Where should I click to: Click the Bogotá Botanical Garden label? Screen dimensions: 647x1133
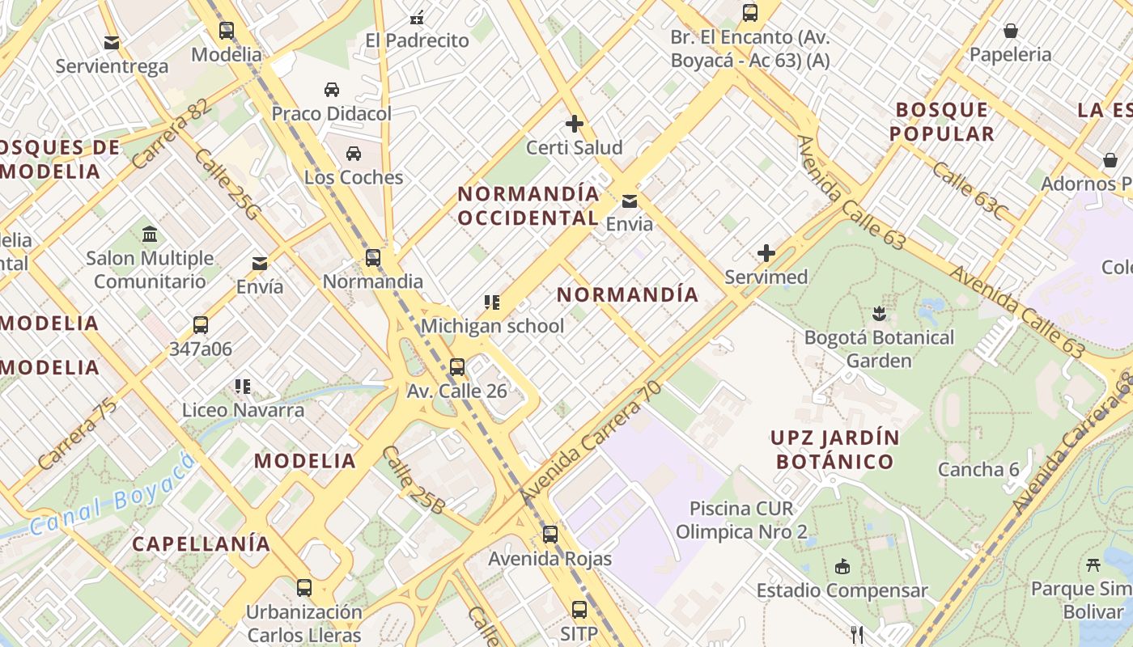point(879,349)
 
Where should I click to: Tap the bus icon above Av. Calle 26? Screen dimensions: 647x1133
point(457,367)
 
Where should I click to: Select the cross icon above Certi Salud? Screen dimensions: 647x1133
point(575,124)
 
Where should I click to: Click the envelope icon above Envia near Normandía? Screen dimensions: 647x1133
point(629,201)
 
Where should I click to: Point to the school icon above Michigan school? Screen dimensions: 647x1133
point(492,302)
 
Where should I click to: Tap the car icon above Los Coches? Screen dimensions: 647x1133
point(354,153)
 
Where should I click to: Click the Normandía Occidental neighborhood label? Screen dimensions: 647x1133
point(528,205)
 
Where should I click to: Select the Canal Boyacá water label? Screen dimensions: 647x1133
point(113,495)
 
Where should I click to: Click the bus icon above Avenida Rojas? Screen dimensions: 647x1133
point(550,534)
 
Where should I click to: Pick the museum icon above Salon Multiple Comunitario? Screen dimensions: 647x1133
point(150,235)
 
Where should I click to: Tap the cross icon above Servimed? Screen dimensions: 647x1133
point(766,253)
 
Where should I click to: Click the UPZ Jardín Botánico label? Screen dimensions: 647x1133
point(834,450)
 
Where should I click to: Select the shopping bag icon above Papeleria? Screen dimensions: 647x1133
point(1010,31)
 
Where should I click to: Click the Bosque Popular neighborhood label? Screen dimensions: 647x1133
point(942,121)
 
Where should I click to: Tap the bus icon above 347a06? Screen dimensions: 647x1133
point(200,325)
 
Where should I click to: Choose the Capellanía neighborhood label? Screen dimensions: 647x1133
point(202,543)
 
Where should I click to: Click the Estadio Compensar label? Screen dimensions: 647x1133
point(842,590)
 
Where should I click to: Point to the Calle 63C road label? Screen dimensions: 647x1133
point(970,191)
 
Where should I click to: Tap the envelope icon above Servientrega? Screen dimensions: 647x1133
point(112,42)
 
